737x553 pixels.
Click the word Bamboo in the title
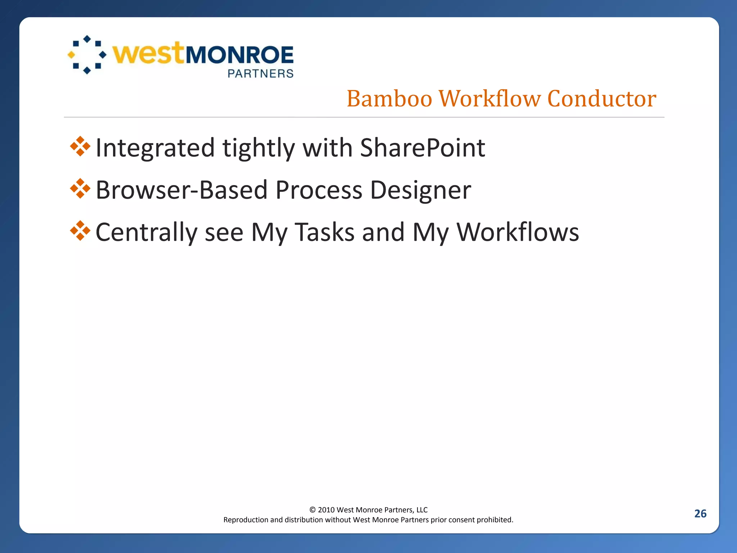(x=389, y=99)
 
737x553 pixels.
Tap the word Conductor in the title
(x=602, y=99)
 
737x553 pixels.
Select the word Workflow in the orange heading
(x=489, y=99)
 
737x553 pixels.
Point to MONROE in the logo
(x=239, y=55)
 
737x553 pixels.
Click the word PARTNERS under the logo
(x=261, y=74)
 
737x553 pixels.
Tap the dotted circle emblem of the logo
(x=87, y=55)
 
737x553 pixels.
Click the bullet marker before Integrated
(x=80, y=147)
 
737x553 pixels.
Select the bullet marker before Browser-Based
(x=80, y=189)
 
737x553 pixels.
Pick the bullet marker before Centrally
(x=80, y=231)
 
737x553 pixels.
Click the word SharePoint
(x=422, y=148)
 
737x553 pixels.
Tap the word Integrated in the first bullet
(x=155, y=148)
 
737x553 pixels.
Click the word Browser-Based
(x=182, y=190)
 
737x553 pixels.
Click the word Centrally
(x=146, y=232)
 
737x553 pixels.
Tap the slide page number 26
(x=700, y=513)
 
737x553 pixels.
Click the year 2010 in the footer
(x=326, y=510)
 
